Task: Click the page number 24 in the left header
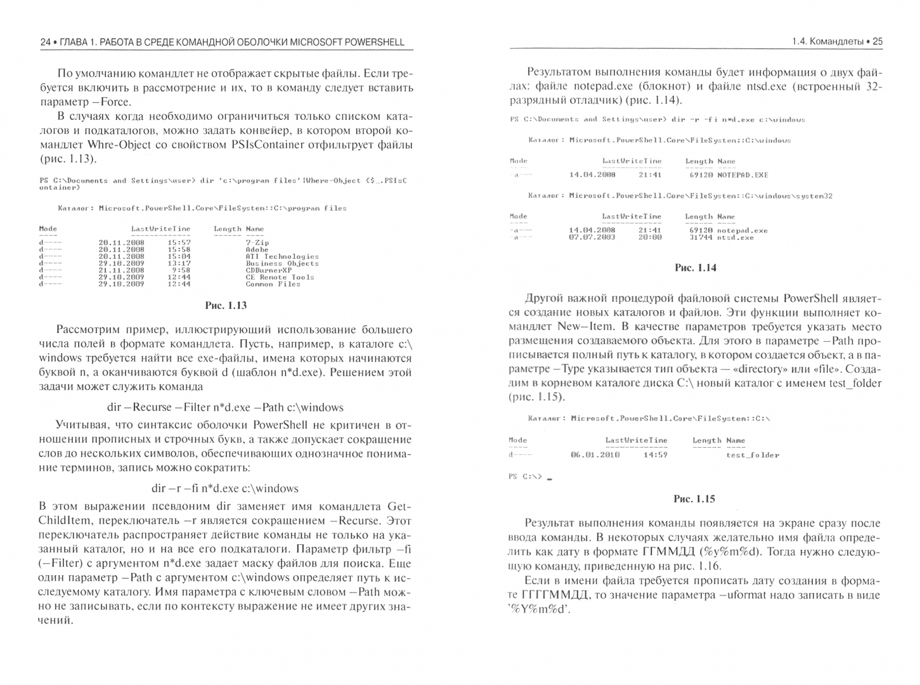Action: (x=45, y=42)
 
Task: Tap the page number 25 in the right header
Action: (x=878, y=42)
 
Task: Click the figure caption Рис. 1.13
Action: (x=226, y=305)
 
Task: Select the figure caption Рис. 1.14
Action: (x=696, y=268)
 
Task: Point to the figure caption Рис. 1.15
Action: (x=694, y=499)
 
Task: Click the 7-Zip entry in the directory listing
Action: (x=257, y=242)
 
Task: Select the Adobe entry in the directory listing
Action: (x=257, y=249)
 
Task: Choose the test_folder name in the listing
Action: (x=753, y=455)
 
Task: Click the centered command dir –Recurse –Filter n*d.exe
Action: (x=225, y=407)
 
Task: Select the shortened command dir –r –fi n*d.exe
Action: (x=225, y=488)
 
